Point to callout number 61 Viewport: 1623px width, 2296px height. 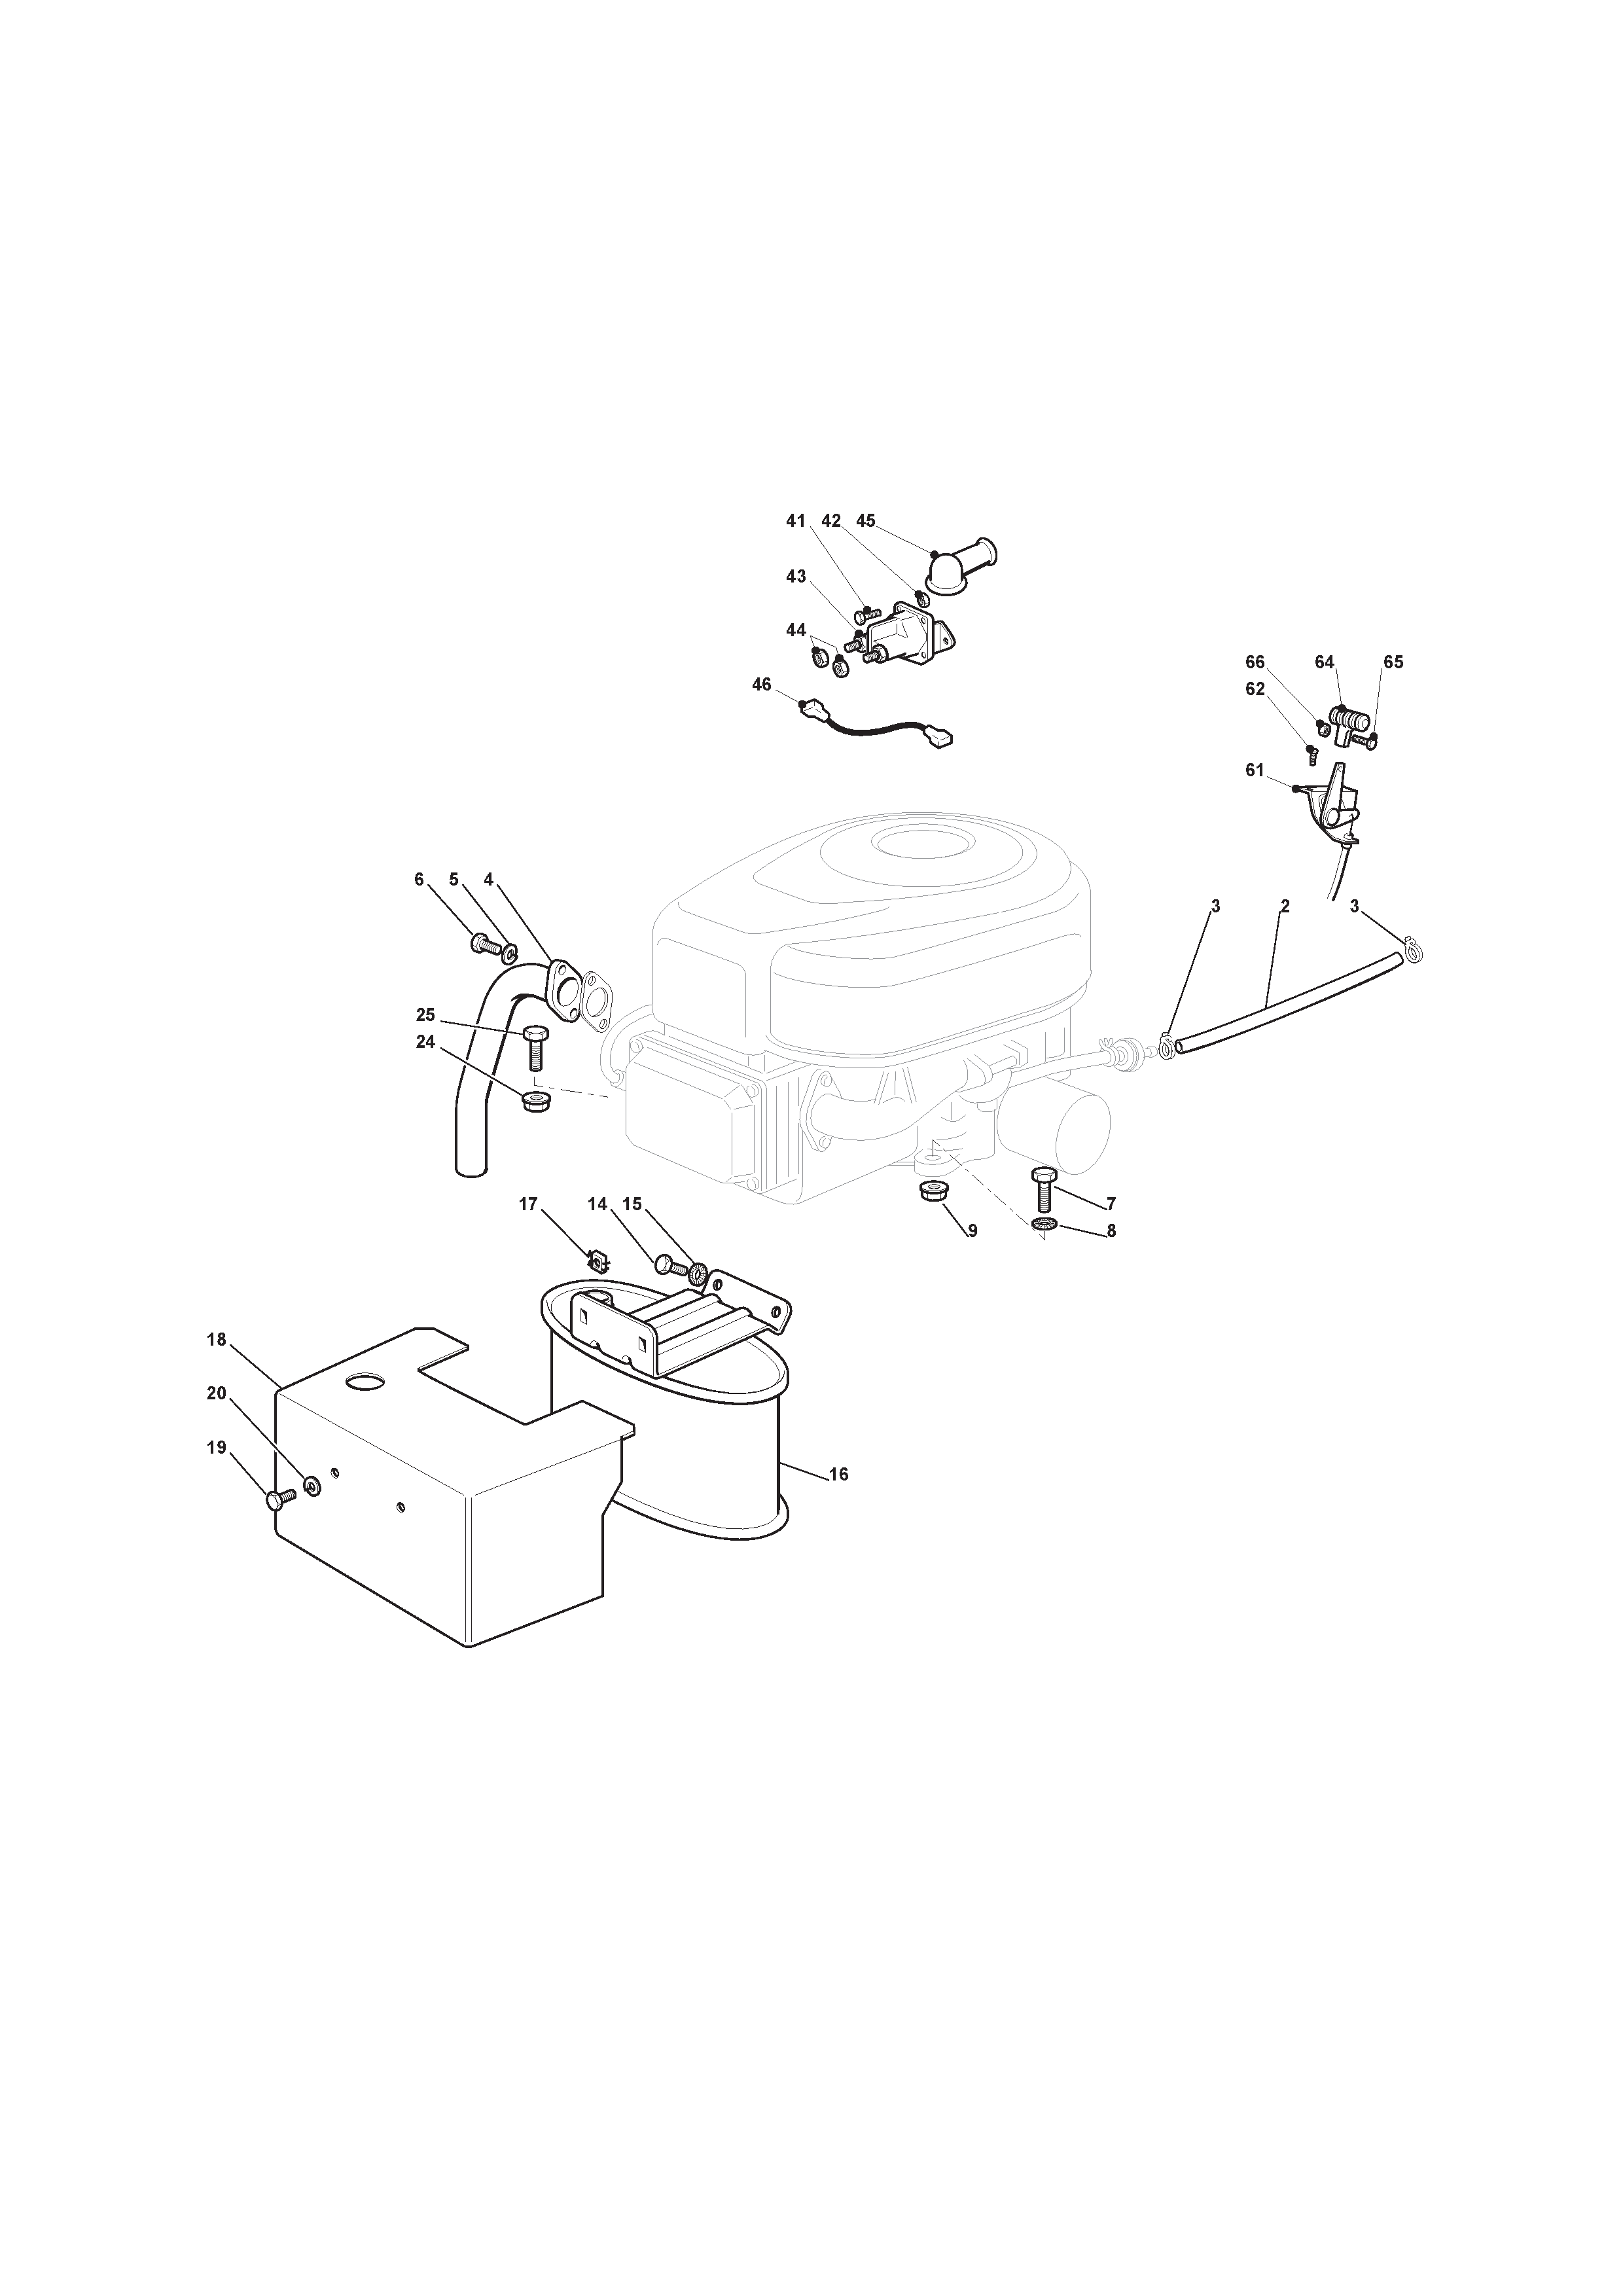(1255, 770)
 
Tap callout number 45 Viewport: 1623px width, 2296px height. (866, 521)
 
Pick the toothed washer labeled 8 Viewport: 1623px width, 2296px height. (1046, 1226)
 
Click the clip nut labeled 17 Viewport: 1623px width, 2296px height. (597, 1263)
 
